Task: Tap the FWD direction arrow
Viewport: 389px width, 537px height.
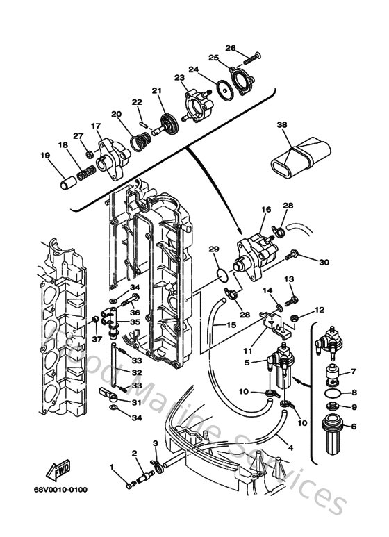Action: (x=56, y=473)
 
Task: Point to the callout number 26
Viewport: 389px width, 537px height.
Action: (x=231, y=48)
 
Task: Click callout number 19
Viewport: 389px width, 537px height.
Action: (x=45, y=156)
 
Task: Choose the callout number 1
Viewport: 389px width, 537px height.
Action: (x=111, y=466)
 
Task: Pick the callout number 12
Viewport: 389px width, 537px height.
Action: (x=320, y=309)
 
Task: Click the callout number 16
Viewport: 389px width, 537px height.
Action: (x=265, y=209)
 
